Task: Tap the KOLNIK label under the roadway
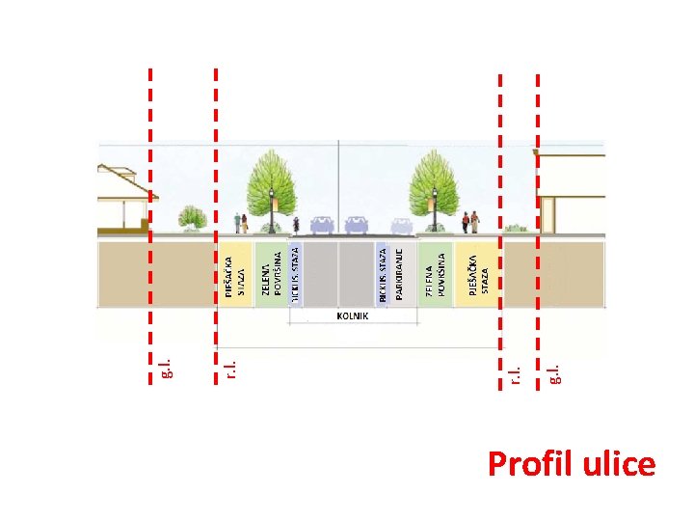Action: click(354, 315)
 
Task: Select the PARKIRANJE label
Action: click(398, 275)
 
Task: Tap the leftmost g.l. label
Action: click(165, 368)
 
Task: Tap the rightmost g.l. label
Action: click(553, 371)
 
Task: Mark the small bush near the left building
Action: click(194, 218)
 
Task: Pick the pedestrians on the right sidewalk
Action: click(470, 222)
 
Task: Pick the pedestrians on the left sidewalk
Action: click(240, 223)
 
